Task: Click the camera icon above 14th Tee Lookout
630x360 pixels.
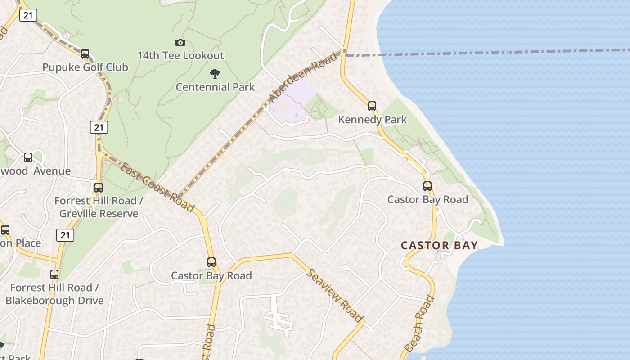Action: (180, 42)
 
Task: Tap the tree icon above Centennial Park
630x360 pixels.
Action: (215, 74)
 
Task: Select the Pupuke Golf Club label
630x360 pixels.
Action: (85, 67)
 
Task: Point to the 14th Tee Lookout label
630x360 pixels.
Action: (180, 56)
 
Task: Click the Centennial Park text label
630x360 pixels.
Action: (215, 87)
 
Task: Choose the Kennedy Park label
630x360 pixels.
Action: (372, 120)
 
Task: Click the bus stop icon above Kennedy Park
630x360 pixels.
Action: (372, 106)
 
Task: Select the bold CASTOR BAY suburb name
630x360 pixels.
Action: (439, 245)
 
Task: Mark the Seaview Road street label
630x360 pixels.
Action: (335, 296)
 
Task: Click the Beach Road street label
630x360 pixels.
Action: (419, 324)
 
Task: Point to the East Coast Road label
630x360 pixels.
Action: (157, 187)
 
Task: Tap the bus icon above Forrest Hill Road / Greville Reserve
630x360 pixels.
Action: (98, 187)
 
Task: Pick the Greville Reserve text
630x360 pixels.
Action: (99, 214)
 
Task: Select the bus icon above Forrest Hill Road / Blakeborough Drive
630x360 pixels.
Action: (54, 274)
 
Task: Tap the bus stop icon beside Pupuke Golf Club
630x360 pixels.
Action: (85, 54)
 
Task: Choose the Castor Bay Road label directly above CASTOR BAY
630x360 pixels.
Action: (427, 199)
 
